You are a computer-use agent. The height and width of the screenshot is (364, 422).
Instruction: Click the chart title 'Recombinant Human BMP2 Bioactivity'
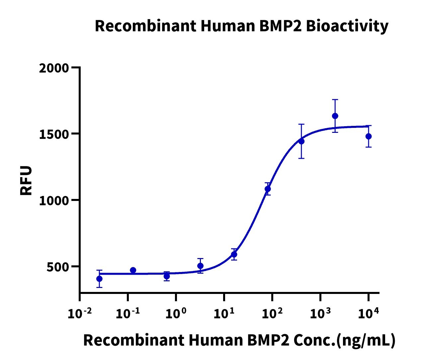pos(241,26)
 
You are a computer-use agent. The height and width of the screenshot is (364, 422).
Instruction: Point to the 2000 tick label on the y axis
pos(54,68)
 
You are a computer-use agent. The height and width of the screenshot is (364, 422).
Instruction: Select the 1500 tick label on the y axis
pos(54,134)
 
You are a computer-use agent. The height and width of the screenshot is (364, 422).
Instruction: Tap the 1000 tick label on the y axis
pos(54,201)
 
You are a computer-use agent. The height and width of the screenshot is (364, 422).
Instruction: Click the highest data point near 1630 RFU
pos(335,116)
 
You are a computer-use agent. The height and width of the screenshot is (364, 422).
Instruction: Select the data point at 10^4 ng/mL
pos(369,136)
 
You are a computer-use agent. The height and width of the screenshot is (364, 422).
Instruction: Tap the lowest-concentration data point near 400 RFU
pos(99,279)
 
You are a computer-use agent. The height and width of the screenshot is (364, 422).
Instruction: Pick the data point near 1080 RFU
pos(268,189)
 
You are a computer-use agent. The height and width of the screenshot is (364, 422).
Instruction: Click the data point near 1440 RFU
pos(301,141)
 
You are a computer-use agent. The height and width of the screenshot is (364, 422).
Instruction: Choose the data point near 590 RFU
pos(234,254)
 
